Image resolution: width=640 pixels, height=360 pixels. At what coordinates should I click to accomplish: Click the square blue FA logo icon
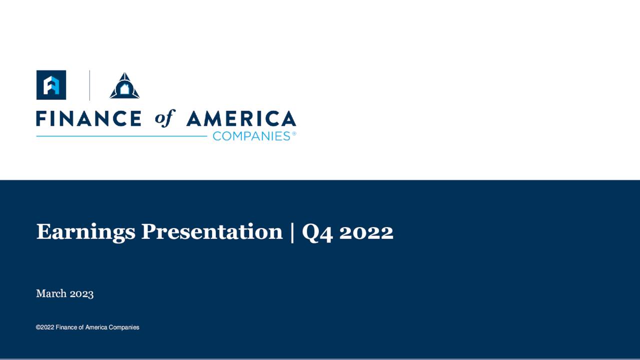tap(51, 84)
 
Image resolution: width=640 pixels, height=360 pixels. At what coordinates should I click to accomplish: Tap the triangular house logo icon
tap(124, 86)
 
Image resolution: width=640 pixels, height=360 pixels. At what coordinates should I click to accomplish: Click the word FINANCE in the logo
tap(88, 118)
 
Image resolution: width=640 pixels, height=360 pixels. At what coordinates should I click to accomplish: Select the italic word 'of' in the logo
tap(164, 118)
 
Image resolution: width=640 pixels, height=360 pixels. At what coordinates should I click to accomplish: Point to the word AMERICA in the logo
tap(241, 118)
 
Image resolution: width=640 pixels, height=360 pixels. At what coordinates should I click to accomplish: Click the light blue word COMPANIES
tap(251, 136)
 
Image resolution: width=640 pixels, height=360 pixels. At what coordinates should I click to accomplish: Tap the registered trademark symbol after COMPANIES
tap(294, 133)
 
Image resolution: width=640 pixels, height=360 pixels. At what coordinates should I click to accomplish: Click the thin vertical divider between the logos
tap(89, 85)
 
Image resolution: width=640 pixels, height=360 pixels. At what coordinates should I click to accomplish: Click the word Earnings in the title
tap(85, 232)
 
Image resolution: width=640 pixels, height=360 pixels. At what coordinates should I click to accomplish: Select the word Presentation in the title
tap(211, 232)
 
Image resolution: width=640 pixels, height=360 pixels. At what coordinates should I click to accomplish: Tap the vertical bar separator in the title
tap(292, 232)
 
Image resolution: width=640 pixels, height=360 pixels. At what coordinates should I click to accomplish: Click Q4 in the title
tap(317, 232)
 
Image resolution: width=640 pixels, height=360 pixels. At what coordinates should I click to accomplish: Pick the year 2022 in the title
tap(366, 232)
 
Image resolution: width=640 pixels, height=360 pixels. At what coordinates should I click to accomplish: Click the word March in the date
tap(50, 293)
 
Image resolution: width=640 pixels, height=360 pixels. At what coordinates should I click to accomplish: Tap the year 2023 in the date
tap(81, 293)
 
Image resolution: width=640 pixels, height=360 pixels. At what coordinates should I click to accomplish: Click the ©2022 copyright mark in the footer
tap(44, 327)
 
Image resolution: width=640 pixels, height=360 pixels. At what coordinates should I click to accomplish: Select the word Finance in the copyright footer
tap(66, 327)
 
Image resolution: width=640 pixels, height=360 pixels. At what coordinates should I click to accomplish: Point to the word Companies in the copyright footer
tap(124, 327)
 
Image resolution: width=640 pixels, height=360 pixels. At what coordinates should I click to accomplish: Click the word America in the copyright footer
tap(96, 327)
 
